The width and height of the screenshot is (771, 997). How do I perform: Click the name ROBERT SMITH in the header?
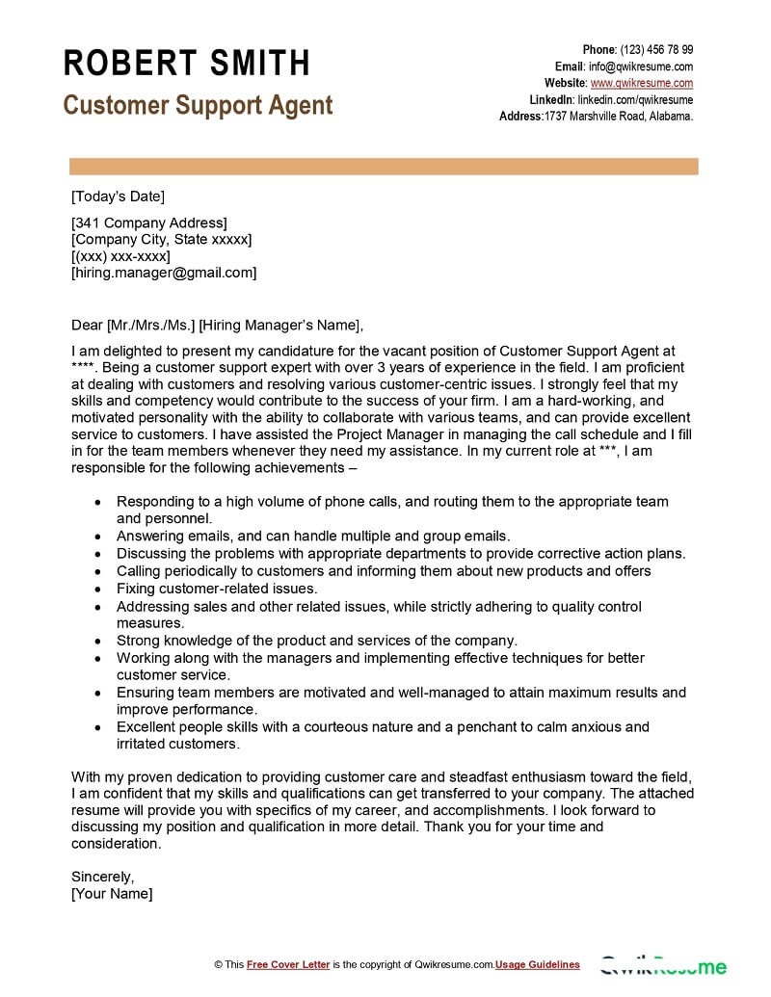(187, 64)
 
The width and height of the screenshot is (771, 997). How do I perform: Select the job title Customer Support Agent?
(198, 105)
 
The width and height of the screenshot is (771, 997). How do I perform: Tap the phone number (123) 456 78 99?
(656, 50)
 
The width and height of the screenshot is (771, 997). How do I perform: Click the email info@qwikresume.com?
(641, 66)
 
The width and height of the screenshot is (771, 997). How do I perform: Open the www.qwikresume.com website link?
(642, 83)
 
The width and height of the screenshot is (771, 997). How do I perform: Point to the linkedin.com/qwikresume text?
(635, 99)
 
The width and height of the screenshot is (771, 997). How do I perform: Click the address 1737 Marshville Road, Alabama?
(619, 116)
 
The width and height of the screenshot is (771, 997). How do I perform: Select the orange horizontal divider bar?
(382, 167)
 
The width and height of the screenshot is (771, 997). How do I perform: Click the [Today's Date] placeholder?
(118, 197)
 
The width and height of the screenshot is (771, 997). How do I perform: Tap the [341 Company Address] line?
(149, 223)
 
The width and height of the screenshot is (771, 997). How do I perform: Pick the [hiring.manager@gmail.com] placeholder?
(164, 273)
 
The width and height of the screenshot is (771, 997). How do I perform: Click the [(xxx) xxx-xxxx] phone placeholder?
(120, 256)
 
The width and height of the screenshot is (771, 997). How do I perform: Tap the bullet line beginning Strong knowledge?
(317, 640)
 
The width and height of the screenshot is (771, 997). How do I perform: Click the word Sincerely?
(102, 877)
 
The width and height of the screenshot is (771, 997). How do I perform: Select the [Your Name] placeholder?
(112, 893)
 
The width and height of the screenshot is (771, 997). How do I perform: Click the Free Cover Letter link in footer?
(288, 964)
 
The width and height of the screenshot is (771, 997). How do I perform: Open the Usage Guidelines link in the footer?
(539, 964)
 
